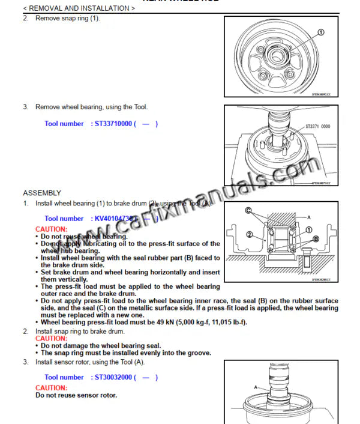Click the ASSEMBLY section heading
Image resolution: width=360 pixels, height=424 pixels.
(x=42, y=193)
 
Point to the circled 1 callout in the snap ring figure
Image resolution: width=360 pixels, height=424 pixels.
(x=320, y=32)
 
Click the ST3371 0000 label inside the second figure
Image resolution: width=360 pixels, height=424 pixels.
(x=319, y=127)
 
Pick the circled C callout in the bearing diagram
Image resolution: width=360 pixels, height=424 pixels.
(x=248, y=210)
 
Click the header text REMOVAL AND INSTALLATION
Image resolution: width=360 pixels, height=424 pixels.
(x=77, y=8)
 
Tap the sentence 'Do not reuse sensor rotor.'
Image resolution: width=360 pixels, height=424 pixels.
(x=76, y=395)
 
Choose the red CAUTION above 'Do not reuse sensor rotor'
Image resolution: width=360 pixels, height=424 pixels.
(x=52, y=388)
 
